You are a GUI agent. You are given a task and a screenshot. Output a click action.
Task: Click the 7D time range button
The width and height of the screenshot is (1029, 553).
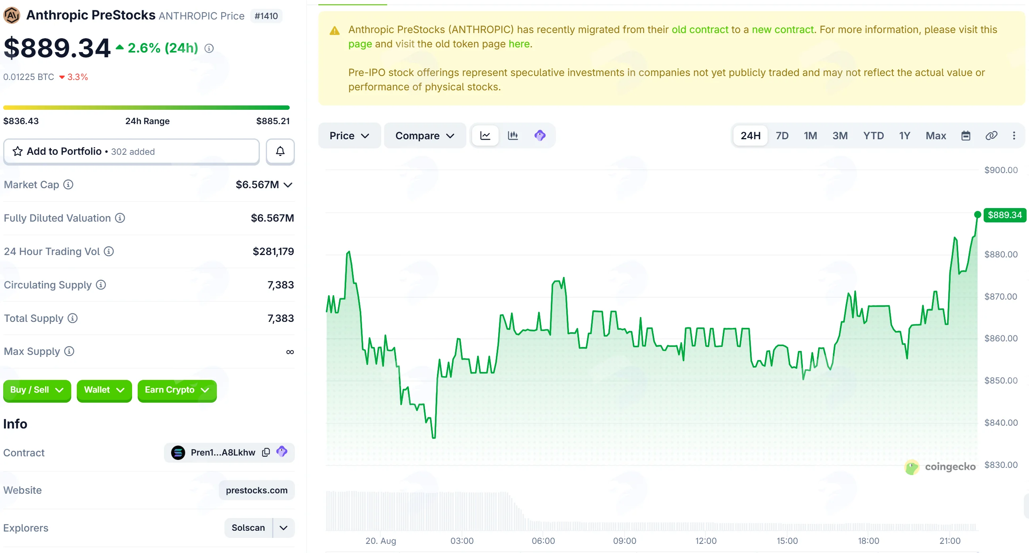[x=782, y=136]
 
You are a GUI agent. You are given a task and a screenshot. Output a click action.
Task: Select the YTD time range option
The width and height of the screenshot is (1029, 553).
[x=873, y=136]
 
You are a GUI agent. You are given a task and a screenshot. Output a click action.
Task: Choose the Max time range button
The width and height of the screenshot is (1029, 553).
[x=935, y=136]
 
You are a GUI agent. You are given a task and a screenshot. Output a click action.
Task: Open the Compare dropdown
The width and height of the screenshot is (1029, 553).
[x=425, y=136]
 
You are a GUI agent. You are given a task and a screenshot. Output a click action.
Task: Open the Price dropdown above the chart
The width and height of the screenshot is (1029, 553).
[x=349, y=136]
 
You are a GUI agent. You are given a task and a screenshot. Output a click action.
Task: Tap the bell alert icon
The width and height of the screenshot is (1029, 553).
[x=281, y=151]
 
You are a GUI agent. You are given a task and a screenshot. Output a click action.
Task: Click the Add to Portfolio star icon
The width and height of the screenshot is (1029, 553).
[x=18, y=151]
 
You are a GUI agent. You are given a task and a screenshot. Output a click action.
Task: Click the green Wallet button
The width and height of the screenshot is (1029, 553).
[x=104, y=390]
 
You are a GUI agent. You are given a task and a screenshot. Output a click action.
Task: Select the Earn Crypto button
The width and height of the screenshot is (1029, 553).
[x=177, y=390]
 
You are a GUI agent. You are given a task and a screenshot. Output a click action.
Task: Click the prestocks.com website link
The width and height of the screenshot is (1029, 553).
[x=256, y=490]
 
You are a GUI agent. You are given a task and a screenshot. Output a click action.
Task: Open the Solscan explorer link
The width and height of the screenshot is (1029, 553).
[x=248, y=528]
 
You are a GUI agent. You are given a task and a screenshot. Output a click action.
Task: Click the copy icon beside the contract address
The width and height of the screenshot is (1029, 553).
[x=266, y=452]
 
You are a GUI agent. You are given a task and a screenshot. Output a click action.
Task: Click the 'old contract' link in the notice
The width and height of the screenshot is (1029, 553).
[x=700, y=29]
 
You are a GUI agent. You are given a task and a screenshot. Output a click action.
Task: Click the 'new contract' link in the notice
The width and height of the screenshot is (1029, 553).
[x=783, y=29]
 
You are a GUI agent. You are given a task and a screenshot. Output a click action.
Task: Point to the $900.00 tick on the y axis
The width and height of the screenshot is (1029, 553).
[x=1001, y=170]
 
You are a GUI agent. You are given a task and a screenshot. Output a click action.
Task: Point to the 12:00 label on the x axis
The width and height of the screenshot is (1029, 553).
[x=705, y=541]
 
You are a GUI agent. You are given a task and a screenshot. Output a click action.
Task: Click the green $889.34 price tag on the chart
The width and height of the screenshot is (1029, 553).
[x=1004, y=215]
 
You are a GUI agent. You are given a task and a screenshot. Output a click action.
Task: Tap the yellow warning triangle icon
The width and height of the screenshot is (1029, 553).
[x=334, y=31]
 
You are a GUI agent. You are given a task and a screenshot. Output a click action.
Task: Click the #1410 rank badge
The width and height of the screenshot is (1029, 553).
[x=266, y=16]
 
